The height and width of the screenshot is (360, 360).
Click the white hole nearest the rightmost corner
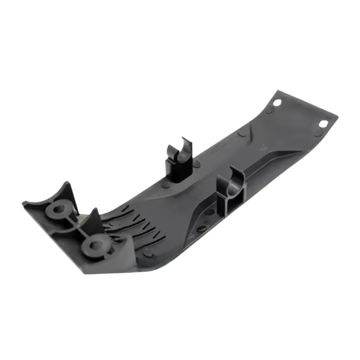point(323,124)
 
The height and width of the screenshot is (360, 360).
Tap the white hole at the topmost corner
point(277,102)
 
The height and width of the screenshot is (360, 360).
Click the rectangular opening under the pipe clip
point(233,205)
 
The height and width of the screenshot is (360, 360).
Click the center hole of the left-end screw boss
point(59,209)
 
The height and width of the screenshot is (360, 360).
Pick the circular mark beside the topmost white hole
point(269,110)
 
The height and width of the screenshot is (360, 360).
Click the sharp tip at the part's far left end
point(23,203)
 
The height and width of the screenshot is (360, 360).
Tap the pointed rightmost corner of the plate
point(337,117)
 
